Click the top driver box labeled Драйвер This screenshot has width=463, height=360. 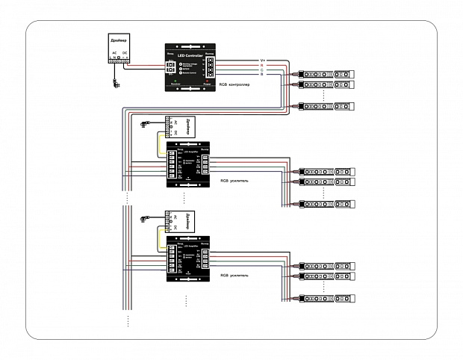click(119, 49)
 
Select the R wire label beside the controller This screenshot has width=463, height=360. click(262, 65)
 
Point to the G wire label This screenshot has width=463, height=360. click(262, 71)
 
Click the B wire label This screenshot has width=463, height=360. click(262, 77)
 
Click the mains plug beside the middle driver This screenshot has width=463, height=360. click(143, 125)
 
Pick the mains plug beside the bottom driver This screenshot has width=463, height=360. click(143, 220)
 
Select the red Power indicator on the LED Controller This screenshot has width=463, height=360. click(208, 80)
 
